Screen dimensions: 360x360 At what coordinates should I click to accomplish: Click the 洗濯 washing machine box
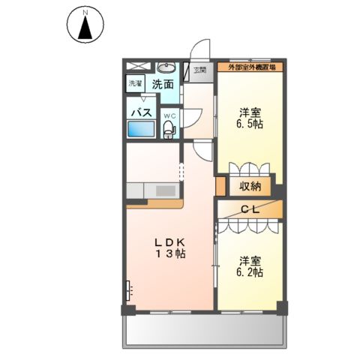coord(136,84)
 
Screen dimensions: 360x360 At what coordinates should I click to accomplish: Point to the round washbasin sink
coord(166,66)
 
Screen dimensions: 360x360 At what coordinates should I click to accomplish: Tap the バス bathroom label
coord(142,112)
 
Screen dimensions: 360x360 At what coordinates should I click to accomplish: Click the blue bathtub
coord(141,129)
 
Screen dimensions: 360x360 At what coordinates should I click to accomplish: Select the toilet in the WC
coord(169,130)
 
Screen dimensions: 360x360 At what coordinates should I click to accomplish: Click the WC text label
coord(169,116)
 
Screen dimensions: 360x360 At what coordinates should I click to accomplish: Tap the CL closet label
coord(250,210)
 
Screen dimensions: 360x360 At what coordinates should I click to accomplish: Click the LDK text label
coord(169,241)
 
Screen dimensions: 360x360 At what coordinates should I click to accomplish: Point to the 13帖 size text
coord(170,255)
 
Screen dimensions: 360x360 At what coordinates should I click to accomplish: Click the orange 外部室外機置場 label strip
coord(251,67)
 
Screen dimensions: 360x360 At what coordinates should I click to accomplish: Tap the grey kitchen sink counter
coord(154,190)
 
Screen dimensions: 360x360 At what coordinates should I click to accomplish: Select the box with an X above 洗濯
coord(136,66)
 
